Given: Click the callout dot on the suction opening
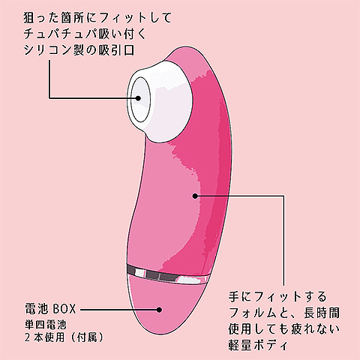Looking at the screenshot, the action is (138, 98).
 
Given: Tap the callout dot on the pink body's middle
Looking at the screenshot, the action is (195, 196).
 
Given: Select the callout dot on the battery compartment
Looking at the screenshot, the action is (159, 310).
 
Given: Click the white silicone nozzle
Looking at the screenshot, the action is (160, 100).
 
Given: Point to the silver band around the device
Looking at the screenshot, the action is (167, 274).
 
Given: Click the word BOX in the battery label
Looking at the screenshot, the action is (64, 309).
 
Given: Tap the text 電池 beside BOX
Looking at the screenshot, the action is (36, 309).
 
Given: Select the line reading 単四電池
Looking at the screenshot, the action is (46, 325).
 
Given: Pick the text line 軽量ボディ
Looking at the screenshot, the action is (258, 345).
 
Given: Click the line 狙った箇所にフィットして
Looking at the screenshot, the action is (97, 18).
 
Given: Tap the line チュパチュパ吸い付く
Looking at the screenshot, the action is (85, 34).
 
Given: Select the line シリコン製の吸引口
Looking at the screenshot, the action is (79, 50).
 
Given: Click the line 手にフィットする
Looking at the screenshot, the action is (277, 296).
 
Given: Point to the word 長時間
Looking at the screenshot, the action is (322, 313).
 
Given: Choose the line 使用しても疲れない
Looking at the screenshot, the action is (284, 328).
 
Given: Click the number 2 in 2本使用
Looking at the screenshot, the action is (28, 337).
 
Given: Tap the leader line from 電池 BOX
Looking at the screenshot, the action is (119, 310).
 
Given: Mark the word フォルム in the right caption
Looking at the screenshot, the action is (253, 313).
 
